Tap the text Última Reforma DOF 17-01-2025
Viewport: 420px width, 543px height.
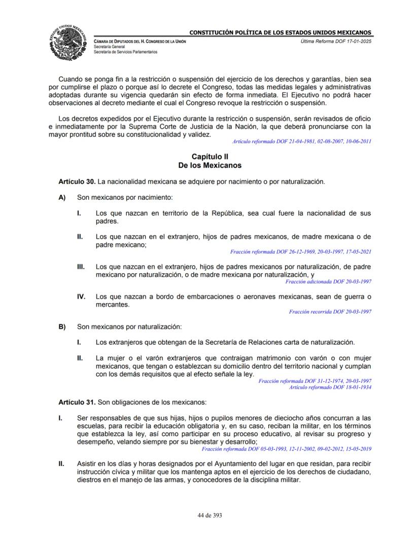(335, 41)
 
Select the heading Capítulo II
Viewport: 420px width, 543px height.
(209, 157)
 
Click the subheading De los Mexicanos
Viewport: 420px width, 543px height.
(209, 165)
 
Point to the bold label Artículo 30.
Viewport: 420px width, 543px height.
(77, 182)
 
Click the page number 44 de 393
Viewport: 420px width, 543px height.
(209, 515)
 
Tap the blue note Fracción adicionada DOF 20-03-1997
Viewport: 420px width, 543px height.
(328, 281)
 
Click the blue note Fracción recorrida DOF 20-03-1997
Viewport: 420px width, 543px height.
(330, 312)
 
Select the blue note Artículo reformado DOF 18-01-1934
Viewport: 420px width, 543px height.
(330, 387)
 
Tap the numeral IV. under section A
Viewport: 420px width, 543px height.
(81, 297)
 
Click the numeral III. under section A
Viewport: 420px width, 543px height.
(81, 266)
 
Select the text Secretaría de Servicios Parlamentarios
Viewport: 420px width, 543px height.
(125, 52)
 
